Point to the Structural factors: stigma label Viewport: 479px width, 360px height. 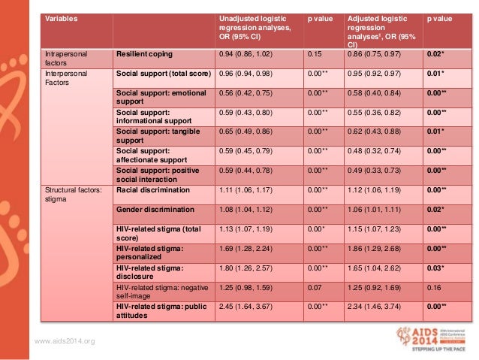point(69,195)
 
